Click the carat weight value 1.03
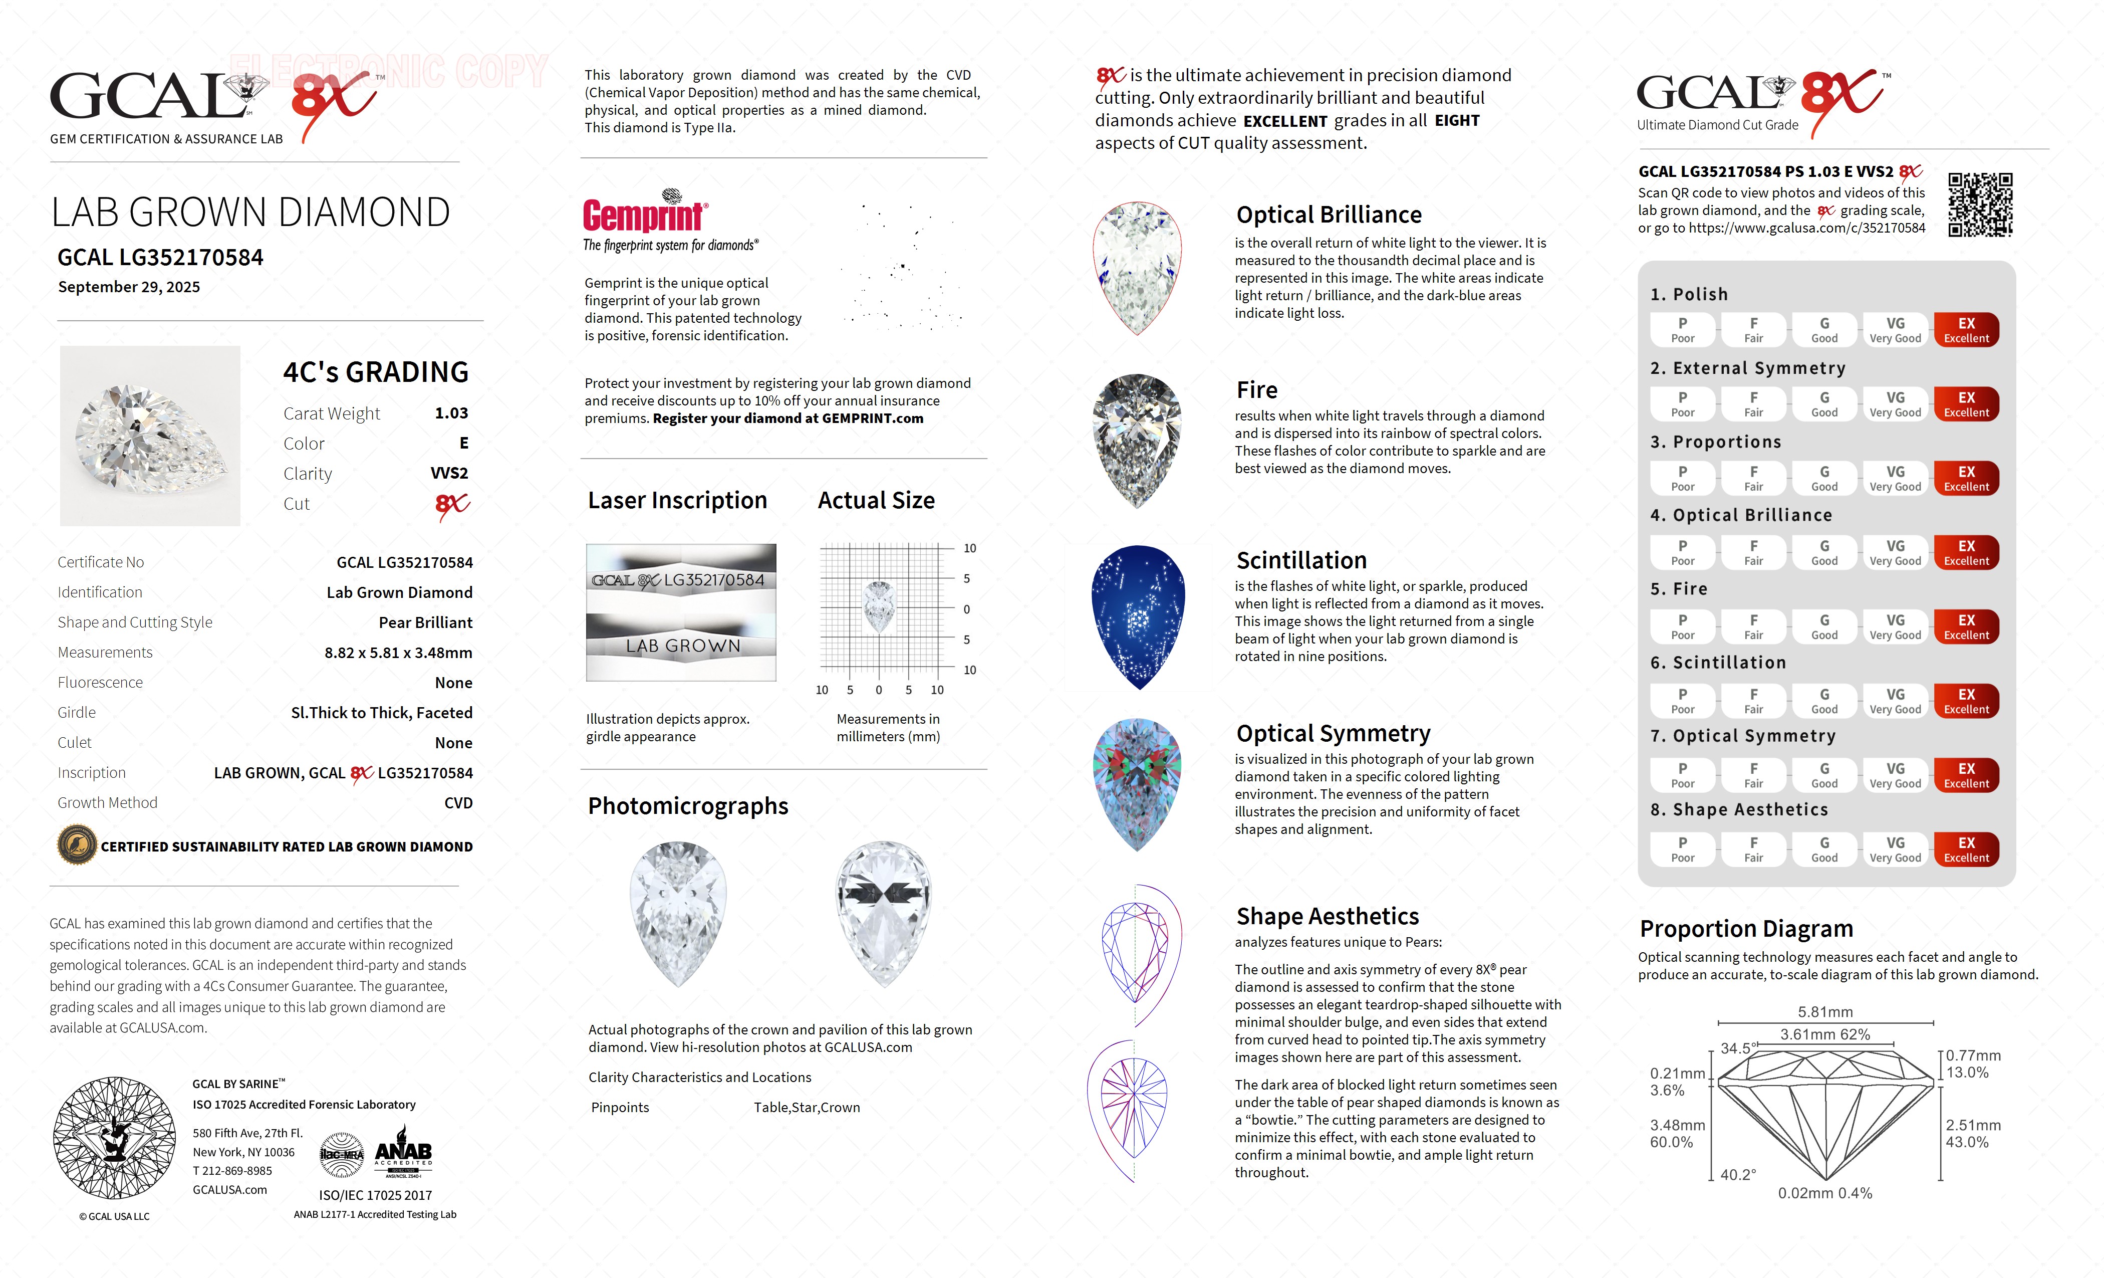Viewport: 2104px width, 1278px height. tap(451, 413)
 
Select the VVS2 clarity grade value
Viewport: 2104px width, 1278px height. tap(449, 473)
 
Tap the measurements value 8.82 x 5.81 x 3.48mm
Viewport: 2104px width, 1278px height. tap(398, 653)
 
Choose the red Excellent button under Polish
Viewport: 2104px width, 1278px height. tap(1966, 330)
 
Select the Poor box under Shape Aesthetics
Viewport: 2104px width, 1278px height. tap(1682, 849)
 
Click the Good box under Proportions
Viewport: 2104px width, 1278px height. tap(1824, 479)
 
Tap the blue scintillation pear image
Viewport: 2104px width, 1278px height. tap(1138, 617)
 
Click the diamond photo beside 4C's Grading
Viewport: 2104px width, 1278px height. tap(150, 436)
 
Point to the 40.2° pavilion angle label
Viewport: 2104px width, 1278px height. tap(1738, 1175)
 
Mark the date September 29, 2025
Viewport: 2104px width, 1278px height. tap(129, 287)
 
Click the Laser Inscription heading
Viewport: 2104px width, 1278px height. tap(677, 501)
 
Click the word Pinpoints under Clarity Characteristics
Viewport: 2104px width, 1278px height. tap(620, 1108)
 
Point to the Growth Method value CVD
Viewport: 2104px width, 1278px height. tap(458, 803)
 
